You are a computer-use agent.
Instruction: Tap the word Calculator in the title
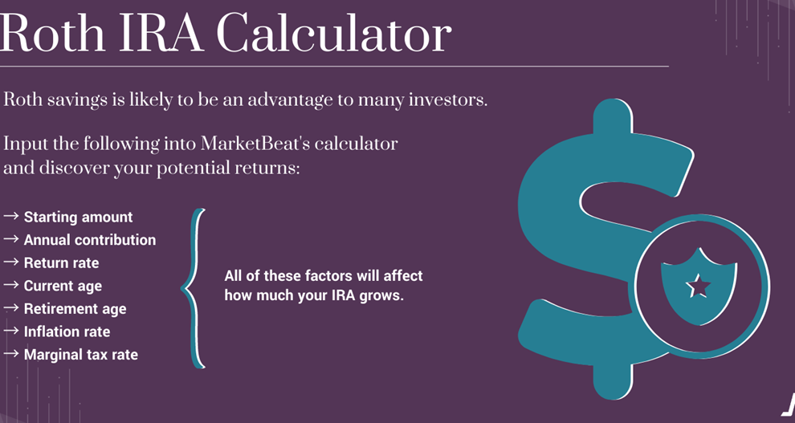click(335, 33)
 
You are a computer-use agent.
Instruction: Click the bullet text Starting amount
click(78, 217)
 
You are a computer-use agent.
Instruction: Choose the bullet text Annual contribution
click(90, 240)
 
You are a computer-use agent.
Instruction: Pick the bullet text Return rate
click(61, 262)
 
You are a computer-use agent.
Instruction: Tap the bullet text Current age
click(63, 286)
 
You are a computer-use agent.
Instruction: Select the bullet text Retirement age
click(75, 309)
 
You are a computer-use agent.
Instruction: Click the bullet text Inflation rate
click(67, 331)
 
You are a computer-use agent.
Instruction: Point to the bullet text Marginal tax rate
click(80, 355)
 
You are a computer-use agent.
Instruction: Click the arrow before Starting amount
click(11, 217)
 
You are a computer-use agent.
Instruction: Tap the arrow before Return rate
click(11, 262)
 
